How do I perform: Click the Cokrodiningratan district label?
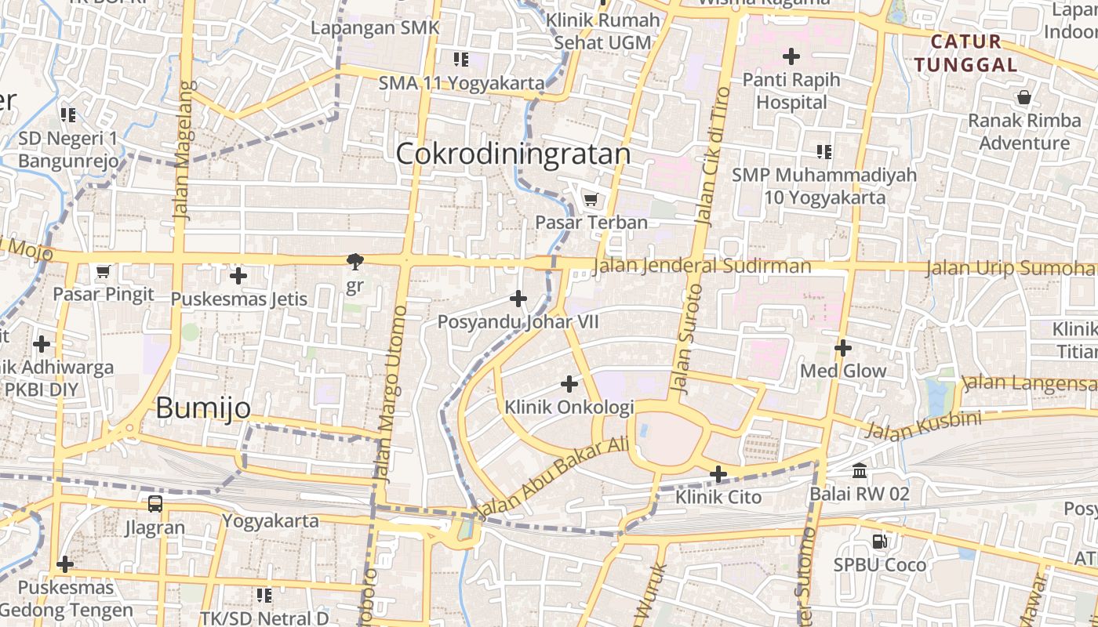pyautogui.click(x=513, y=154)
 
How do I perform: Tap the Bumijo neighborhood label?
pyautogui.click(x=203, y=408)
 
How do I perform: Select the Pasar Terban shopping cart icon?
pyautogui.click(x=591, y=199)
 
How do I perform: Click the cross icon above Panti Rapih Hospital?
pyautogui.click(x=791, y=56)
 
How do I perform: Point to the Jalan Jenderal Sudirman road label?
pyautogui.click(x=702, y=266)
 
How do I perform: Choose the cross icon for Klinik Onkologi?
pyautogui.click(x=569, y=384)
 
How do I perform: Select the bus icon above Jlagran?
pyautogui.click(x=155, y=504)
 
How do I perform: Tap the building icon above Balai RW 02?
pyautogui.click(x=860, y=471)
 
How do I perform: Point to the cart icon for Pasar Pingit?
pyautogui.click(x=103, y=272)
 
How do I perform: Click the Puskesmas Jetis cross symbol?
pyautogui.click(x=238, y=276)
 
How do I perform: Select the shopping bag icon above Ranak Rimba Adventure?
pyautogui.click(x=1023, y=98)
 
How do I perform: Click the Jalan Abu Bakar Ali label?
pyautogui.click(x=554, y=477)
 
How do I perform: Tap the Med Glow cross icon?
pyautogui.click(x=843, y=347)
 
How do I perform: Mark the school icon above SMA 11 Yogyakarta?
pyautogui.click(x=460, y=59)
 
